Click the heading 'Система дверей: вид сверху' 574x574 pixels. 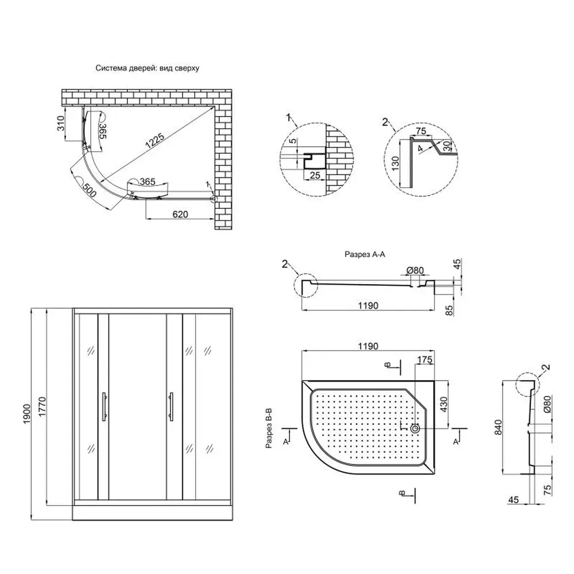coord(147,68)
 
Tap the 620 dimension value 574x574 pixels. coord(180,214)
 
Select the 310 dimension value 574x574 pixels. coord(60,125)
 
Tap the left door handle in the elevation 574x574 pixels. coord(103,407)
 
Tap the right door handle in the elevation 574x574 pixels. coord(171,407)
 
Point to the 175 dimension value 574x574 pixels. coord(425,360)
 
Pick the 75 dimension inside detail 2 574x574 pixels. coord(422,131)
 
